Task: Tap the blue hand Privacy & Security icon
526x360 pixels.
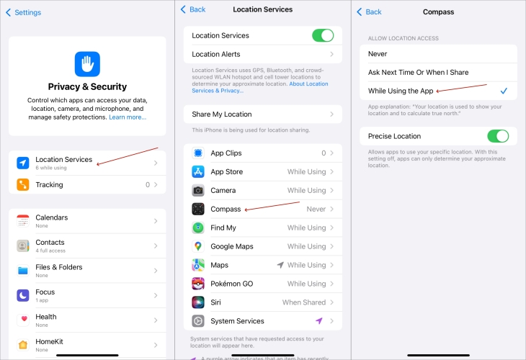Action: [87, 64]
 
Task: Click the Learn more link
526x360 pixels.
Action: [128, 117]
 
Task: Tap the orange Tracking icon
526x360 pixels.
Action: [23, 185]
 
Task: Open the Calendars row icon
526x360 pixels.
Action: [23, 221]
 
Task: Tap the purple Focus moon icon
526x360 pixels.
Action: [23, 295]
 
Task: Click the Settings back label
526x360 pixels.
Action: [28, 12]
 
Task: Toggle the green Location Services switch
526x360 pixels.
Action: [323, 35]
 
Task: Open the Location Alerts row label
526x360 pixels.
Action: [216, 54]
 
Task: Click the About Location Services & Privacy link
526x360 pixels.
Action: [260, 87]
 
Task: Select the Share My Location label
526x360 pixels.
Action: [222, 114]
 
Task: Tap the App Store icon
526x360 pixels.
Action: [198, 171]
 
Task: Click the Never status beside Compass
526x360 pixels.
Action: [316, 210]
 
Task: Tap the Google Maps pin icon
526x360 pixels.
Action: [198, 246]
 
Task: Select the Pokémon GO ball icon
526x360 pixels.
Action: [198, 284]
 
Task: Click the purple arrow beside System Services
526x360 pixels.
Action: [319, 321]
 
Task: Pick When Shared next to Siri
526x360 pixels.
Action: [304, 302]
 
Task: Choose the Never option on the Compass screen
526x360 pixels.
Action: [378, 54]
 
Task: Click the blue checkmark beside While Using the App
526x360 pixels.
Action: [504, 91]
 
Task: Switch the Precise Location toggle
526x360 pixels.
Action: [498, 136]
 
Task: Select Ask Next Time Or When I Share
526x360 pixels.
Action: [419, 73]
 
